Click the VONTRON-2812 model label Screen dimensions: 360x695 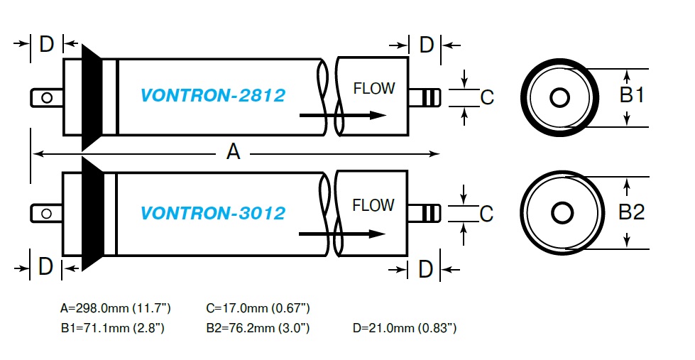click(213, 95)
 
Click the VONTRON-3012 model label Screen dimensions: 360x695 click(213, 213)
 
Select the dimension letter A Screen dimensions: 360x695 click(233, 151)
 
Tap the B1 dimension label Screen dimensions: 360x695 click(631, 95)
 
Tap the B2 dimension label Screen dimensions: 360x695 click(631, 212)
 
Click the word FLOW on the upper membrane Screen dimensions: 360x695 click(373, 89)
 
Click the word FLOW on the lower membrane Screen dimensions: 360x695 click(373, 206)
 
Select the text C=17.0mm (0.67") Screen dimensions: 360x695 click(258, 308)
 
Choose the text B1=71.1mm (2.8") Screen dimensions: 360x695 click(113, 328)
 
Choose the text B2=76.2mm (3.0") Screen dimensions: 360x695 click(258, 328)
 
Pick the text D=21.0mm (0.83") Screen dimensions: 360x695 click(405, 328)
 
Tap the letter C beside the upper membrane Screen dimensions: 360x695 click(487, 97)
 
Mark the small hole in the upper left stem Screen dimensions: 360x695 click(47, 97)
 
